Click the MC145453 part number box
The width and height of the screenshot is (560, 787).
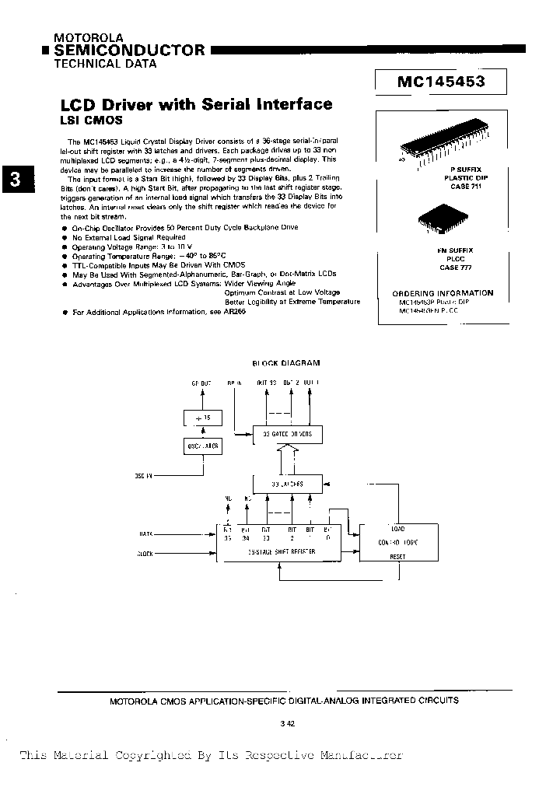coord(440,81)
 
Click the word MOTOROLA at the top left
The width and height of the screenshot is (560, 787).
coord(84,37)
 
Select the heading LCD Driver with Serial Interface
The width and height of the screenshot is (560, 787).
coord(196,104)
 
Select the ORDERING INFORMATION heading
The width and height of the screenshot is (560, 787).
coord(443,293)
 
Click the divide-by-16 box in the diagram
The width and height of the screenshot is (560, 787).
coord(203,418)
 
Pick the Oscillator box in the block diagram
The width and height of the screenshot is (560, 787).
coord(203,446)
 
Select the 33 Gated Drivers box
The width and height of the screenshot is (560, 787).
coord(287,434)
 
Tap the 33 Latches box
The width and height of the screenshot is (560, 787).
coord(287,484)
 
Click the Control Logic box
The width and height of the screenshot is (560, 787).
coord(398,542)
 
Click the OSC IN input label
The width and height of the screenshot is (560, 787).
coord(145,475)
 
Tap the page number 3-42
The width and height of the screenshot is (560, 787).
coord(287,723)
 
